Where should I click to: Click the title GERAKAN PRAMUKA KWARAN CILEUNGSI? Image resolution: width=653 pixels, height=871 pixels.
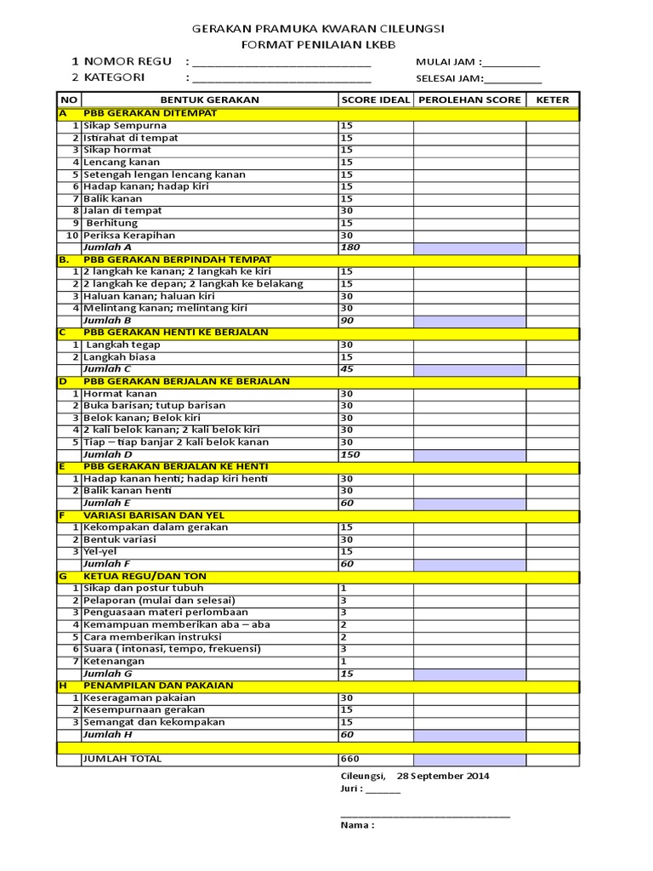[x=318, y=28]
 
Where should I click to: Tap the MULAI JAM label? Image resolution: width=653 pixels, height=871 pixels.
[x=448, y=62]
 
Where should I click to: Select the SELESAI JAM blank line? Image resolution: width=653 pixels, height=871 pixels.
[x=513, y=80]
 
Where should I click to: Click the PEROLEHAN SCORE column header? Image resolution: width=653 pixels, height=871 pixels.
[x=469, y=100]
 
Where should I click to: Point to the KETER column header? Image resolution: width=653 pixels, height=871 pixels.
[x=552, y=100]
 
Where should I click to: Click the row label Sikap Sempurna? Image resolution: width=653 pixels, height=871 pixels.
[x=125, y=125]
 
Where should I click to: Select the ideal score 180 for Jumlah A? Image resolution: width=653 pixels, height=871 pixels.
[x=349, y=247]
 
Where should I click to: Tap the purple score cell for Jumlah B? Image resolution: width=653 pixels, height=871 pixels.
[x=469, y=321]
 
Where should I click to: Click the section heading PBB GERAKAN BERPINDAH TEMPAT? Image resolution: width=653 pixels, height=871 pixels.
[x=178, y=259]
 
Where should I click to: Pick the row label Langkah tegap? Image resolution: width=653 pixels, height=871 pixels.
[x=123, y=344]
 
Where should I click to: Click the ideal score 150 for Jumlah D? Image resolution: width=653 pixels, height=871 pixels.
[x=349, y=454]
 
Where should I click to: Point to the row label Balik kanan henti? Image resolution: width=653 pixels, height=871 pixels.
[x=128, y=491]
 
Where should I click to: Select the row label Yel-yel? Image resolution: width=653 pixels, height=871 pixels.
[x=101, y=551]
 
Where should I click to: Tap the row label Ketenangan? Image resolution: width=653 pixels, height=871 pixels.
[x=115, y=661]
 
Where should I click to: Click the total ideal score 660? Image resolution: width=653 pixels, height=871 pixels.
[x=349, y=759]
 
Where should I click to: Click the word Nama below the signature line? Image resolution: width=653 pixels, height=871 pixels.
[x=357, y=824]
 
